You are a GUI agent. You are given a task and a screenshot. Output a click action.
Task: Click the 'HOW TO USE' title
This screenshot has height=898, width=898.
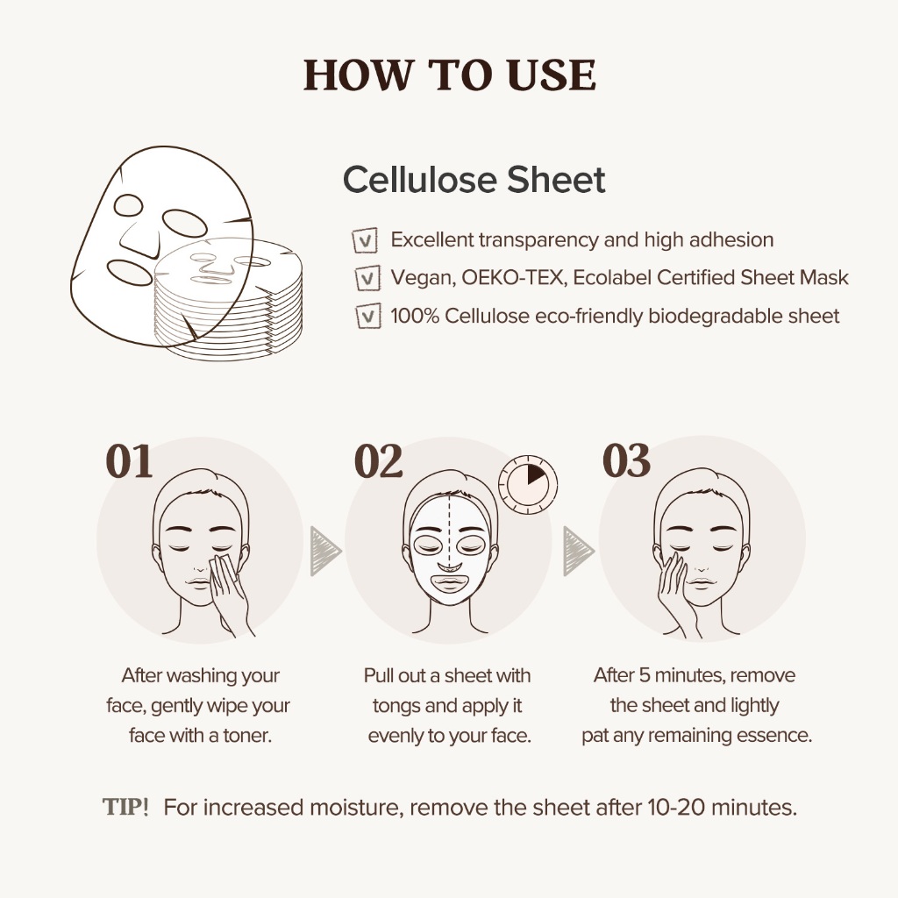click(x=450, y=75)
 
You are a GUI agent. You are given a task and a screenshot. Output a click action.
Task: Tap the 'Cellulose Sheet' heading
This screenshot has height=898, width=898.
click(x=474, y=179)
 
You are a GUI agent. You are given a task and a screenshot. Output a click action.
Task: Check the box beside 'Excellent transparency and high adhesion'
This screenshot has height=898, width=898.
click(x=365, y=240)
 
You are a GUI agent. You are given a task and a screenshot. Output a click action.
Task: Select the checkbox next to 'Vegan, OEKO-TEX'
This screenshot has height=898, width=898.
click(x=367, y=278)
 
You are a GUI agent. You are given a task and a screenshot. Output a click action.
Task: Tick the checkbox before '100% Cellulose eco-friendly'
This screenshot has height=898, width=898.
click(x=368, y=316)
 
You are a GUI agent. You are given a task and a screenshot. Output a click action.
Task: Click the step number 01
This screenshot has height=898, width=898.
click(x=129, y=461)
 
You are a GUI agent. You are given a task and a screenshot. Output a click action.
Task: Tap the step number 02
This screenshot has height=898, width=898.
click(x=378, y=461)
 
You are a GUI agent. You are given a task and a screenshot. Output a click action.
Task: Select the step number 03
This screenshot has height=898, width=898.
click(x=626, y=460)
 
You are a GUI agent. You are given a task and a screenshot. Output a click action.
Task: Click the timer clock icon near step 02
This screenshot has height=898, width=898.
click(x=528, y=484)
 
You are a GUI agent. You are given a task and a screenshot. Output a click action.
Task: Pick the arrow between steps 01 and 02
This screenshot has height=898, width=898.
click(x=324, y=552)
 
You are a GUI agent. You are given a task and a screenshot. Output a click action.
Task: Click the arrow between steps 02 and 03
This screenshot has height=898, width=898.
click(x=578, y=552)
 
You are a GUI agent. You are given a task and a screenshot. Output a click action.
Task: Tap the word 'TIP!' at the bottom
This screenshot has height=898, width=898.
click(x=125, y=807)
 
